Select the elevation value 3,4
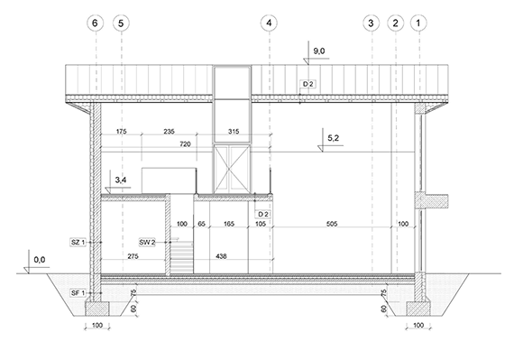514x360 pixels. click(121, 181)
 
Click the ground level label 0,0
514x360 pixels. click(38, 260)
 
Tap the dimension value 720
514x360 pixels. click(185, 144)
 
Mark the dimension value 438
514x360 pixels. click(222, 257)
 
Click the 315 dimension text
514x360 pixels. click(236, 132)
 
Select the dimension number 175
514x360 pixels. click(123, 132)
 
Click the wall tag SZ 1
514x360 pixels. click(77, 243)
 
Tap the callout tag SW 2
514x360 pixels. click(147, 243)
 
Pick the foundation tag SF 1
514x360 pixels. click(77, 292)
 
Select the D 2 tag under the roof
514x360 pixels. click(307, 83)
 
